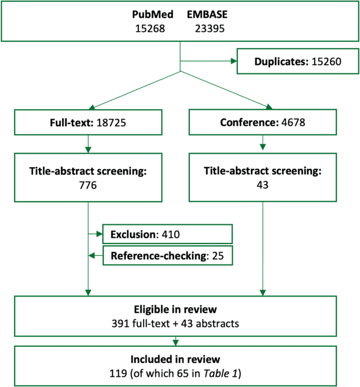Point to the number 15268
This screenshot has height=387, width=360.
(x=150, y=29)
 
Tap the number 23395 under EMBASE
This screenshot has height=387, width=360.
(x=208, y=29)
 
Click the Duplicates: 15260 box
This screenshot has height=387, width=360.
(x=297, y=61)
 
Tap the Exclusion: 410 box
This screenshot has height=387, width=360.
(x=167, y=233)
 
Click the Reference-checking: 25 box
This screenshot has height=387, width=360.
(x=167, y=256)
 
